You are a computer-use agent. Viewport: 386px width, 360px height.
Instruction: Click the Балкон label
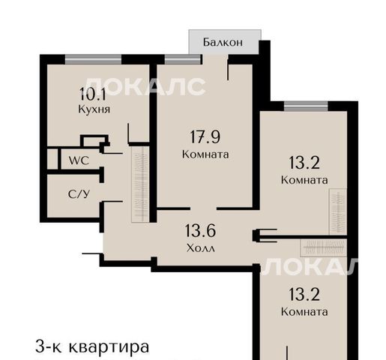tap(223, 42)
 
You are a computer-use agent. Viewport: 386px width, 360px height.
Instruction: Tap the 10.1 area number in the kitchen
tap(93, 94)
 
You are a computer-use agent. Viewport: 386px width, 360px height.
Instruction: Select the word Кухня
tap(94, 109)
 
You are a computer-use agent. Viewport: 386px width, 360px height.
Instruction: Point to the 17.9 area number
tap(205, 137)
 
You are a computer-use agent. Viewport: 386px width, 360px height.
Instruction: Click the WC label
tap(79, 160)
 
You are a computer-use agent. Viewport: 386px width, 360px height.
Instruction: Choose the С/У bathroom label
tap(79, 194)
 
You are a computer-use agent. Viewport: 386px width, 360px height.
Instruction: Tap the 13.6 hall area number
tap(200, 230)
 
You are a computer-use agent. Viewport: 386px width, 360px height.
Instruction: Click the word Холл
tap(201, 248)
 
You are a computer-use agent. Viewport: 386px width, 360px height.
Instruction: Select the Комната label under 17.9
tap(205, 154)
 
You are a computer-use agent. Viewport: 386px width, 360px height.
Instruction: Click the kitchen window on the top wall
tap(94, 59)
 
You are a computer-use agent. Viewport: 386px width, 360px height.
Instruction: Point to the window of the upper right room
tap(306, 106)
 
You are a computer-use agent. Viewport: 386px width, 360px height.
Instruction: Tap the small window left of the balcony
tap(183, 59)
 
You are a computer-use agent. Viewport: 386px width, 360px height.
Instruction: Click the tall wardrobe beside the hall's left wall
tap(140, 184)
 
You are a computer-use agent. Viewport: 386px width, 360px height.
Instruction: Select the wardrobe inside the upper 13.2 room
tap(338, 211)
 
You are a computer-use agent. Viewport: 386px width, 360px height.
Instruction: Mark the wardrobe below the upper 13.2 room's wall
tap(324, 247)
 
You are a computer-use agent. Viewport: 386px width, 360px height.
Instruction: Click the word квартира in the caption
tap(109, 346)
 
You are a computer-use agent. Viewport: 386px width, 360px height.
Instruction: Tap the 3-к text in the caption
tap(49, 346)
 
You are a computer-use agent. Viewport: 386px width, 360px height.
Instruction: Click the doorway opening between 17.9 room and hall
tap(203, 208)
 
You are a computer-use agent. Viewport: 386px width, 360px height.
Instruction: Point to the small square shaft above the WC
tap(94, 141)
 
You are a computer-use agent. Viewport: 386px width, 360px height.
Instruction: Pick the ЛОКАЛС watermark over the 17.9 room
tap(145, 86)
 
